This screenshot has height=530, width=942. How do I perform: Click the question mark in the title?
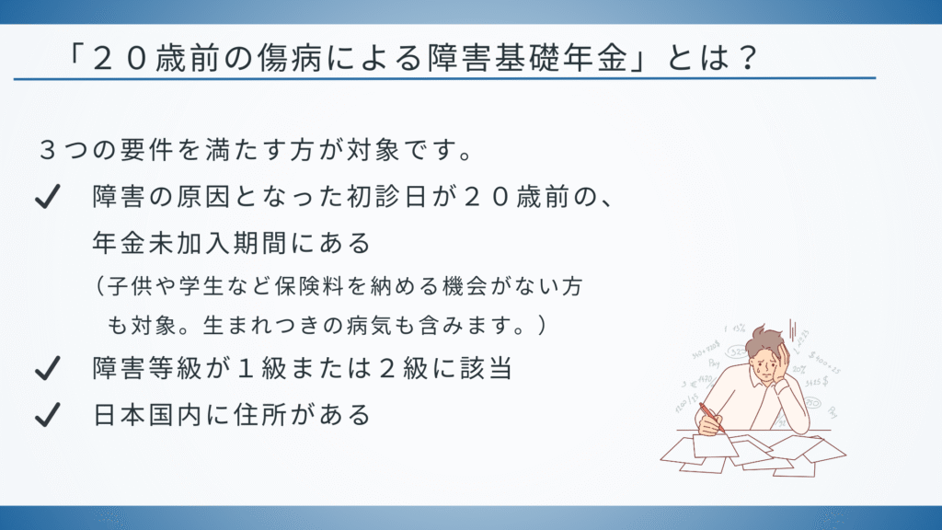point(747,58)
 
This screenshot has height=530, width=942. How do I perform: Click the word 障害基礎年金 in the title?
point(528,58)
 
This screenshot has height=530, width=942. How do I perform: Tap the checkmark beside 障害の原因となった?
point(48,197)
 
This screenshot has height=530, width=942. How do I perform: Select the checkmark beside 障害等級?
point(48,368)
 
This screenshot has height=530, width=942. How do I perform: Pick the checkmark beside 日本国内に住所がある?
point(48,415)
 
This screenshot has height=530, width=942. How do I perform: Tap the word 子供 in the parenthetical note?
point(131,286)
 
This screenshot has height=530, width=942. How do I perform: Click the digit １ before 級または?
point(246,368)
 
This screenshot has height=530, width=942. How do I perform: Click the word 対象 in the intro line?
point(373,150)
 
